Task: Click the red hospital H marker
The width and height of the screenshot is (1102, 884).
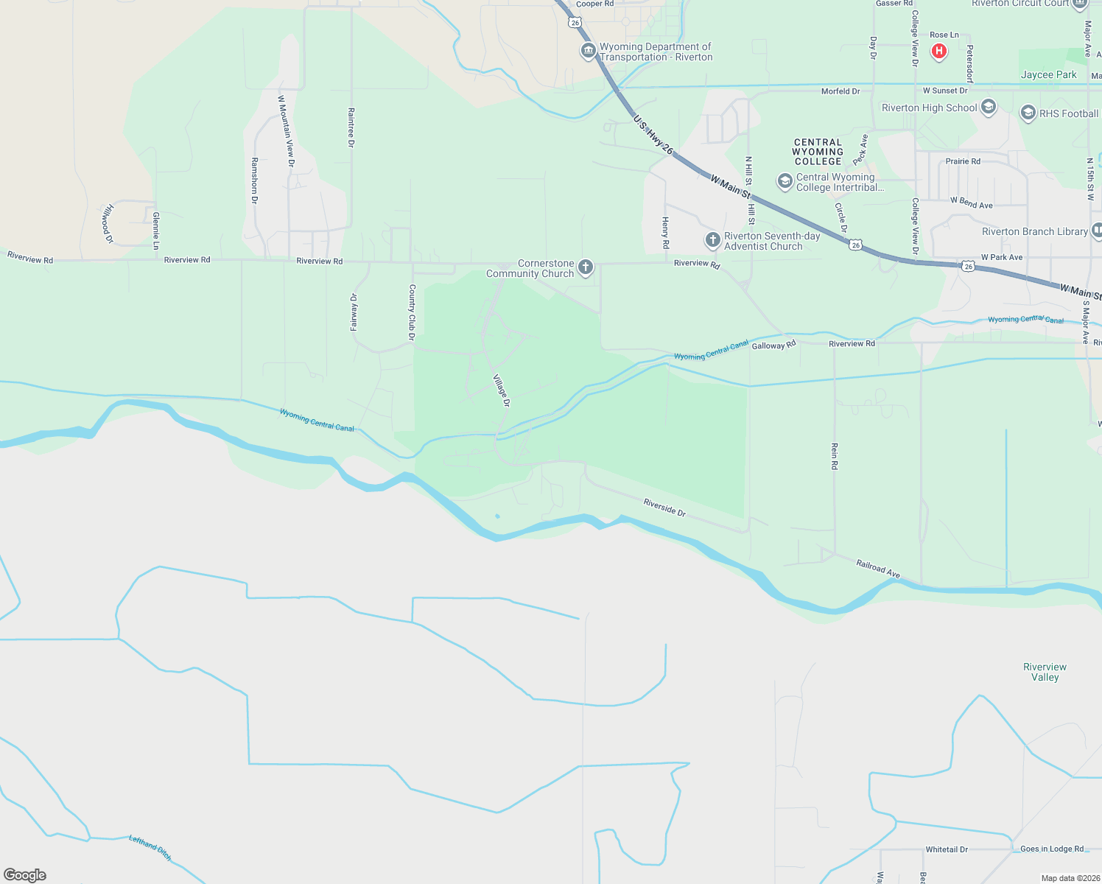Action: point(938,51)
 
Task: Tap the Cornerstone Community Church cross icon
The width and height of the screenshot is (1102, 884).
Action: point(586,267)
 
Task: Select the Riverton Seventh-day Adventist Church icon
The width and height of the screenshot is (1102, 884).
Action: point(712,240)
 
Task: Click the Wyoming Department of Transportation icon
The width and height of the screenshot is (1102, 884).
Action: point(588,51)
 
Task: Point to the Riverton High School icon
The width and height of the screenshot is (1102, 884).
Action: point(989,108)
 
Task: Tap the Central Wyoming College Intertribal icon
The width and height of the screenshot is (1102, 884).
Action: point(785,181)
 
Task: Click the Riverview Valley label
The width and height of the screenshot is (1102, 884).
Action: point(1045,672)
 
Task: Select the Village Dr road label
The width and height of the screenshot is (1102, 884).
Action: point(501,390)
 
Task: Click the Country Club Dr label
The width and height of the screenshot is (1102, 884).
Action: point(412,312)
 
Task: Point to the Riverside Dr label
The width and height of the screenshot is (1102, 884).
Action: point(664,507)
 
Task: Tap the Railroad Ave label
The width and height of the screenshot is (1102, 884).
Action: point(878,568)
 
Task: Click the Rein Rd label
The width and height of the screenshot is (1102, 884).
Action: point(834,456)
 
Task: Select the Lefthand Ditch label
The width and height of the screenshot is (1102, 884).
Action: point(150,848)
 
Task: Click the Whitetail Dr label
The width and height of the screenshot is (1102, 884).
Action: point(947,849)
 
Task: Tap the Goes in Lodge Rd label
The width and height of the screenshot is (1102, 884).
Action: point(1051,849)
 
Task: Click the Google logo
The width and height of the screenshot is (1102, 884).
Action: point(25,875)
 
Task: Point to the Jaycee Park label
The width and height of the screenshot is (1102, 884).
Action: point(1048,74)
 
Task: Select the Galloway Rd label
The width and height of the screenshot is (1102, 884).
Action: point(773,345)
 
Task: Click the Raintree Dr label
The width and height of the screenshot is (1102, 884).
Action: point(351,127)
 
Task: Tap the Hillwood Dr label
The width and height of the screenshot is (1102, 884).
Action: point(108,224)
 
